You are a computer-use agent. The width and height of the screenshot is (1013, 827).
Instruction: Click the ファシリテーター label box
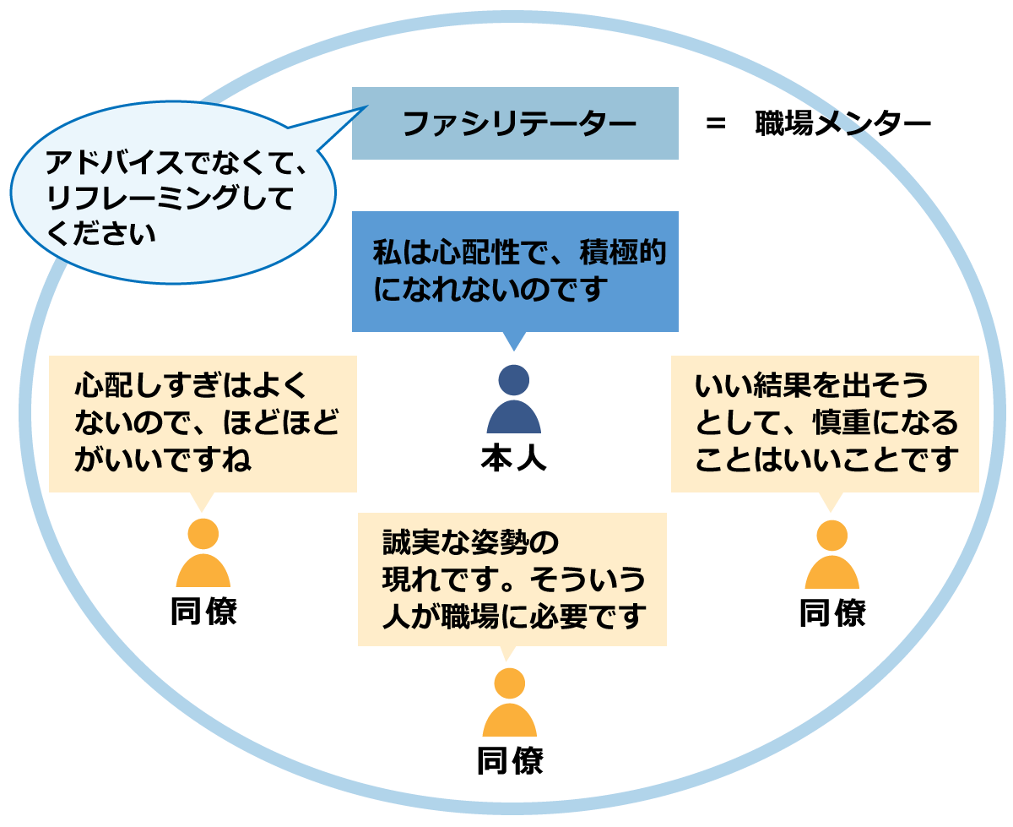(515, 123)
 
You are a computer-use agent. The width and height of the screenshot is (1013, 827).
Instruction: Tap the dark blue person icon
(513, 400)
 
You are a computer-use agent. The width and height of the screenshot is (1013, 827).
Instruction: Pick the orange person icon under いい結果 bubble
(832, 555)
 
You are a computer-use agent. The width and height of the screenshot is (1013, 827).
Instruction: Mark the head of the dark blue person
(513, 381)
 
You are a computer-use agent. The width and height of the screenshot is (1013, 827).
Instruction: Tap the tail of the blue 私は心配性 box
(513, 340)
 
